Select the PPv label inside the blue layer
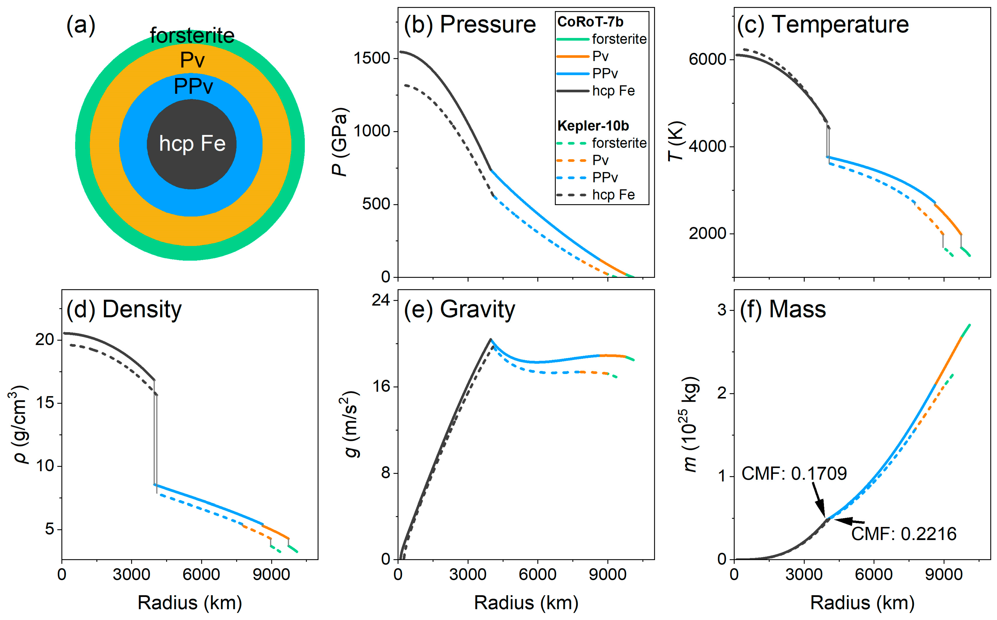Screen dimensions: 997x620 coord(194,86)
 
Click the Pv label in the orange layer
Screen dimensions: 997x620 coord(192,60)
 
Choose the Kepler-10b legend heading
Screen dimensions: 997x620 coord(593,126)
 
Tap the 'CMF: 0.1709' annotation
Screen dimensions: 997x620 coord(794,474)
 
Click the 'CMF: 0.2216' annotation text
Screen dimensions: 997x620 coord(904,534)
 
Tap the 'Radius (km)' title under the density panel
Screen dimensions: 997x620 coord(190,603)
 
